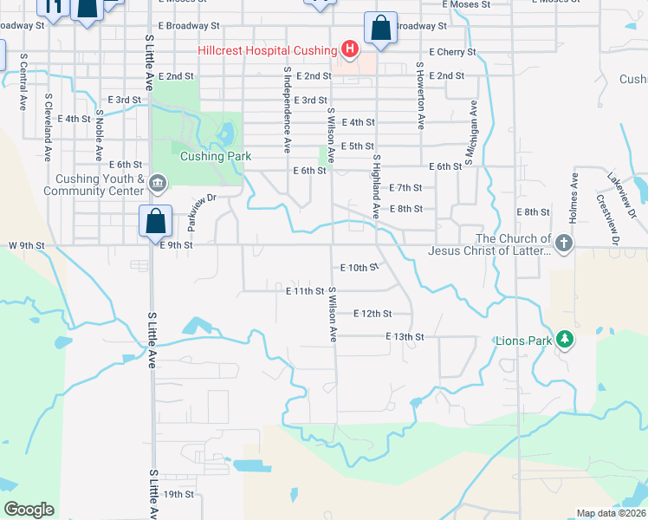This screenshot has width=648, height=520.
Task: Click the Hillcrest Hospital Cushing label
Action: [x=267, y=50]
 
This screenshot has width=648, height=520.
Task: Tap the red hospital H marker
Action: [x=349, y=49]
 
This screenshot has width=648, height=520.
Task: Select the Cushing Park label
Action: [x=216, y=157]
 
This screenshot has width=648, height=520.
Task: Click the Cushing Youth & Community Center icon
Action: [x=159, y=182]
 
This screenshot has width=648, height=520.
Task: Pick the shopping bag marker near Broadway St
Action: [x=380, y=28]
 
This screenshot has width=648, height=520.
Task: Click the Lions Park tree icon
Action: [x=566, y=338]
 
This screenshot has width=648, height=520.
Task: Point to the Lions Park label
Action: [x=523, y=341]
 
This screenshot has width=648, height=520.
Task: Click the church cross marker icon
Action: [x=565, y=244]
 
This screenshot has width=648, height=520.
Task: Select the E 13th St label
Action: [x=405, y=336]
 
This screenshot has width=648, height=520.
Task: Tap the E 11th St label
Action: [x=304, y=292]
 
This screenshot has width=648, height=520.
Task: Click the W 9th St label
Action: [x=26, y=245]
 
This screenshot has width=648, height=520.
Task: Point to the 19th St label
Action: [x=178, y=494]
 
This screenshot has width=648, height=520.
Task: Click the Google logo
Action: [x=29, y=510]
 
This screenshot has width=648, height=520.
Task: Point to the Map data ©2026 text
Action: [x=611, y=513]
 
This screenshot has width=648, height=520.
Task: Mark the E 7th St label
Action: [x=405, y=187]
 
